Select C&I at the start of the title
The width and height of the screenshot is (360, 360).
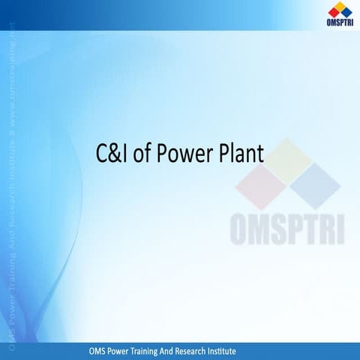click(x=112, y=155)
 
